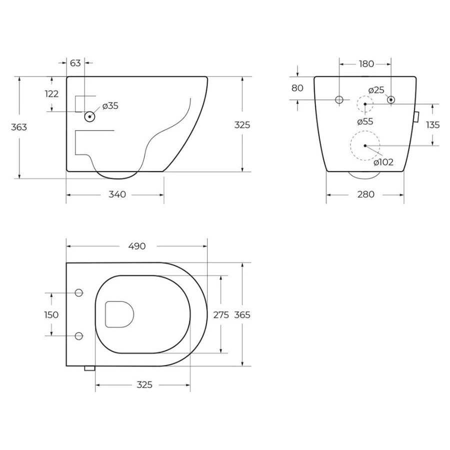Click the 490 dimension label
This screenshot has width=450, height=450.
(x=137, y=246)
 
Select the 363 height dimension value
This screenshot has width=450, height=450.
(x=19, y=127)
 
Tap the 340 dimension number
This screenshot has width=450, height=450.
(x=117, y=194)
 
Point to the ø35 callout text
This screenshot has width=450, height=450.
(x=110, y=106)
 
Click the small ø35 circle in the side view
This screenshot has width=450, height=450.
(x=89, y=116)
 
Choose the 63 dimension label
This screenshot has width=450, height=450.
(x=75, y=63)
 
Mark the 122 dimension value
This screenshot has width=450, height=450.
(x=51, y=94)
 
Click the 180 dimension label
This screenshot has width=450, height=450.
(x=366, y=63)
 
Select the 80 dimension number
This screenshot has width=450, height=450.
(x=297, y=88)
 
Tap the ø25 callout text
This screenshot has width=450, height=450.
(x=376, y=90)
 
